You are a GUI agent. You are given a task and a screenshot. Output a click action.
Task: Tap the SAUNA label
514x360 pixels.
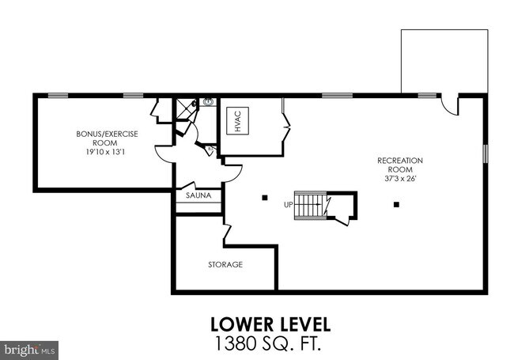click(198, 195)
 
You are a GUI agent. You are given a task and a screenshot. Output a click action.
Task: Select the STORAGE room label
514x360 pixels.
click(225, 264)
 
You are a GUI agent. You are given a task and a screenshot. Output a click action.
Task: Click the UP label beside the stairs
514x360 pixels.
click(289, 204)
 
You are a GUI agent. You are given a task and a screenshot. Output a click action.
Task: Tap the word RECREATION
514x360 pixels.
click(399, 161)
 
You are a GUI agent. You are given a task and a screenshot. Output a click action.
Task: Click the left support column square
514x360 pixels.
click(265, 196)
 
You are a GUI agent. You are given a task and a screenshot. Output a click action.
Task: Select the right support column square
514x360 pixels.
click(396, 204)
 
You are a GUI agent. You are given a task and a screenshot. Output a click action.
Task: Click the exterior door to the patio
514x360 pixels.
click(448, 104)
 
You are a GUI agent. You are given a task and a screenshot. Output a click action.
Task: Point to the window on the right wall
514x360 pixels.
click(485, 152)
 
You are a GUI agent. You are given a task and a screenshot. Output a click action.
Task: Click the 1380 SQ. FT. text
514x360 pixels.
click(270, 343)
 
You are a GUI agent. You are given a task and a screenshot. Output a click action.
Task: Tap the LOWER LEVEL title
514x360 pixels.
click(270, 324)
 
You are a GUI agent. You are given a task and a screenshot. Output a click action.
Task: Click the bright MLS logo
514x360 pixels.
click(28, 347)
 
